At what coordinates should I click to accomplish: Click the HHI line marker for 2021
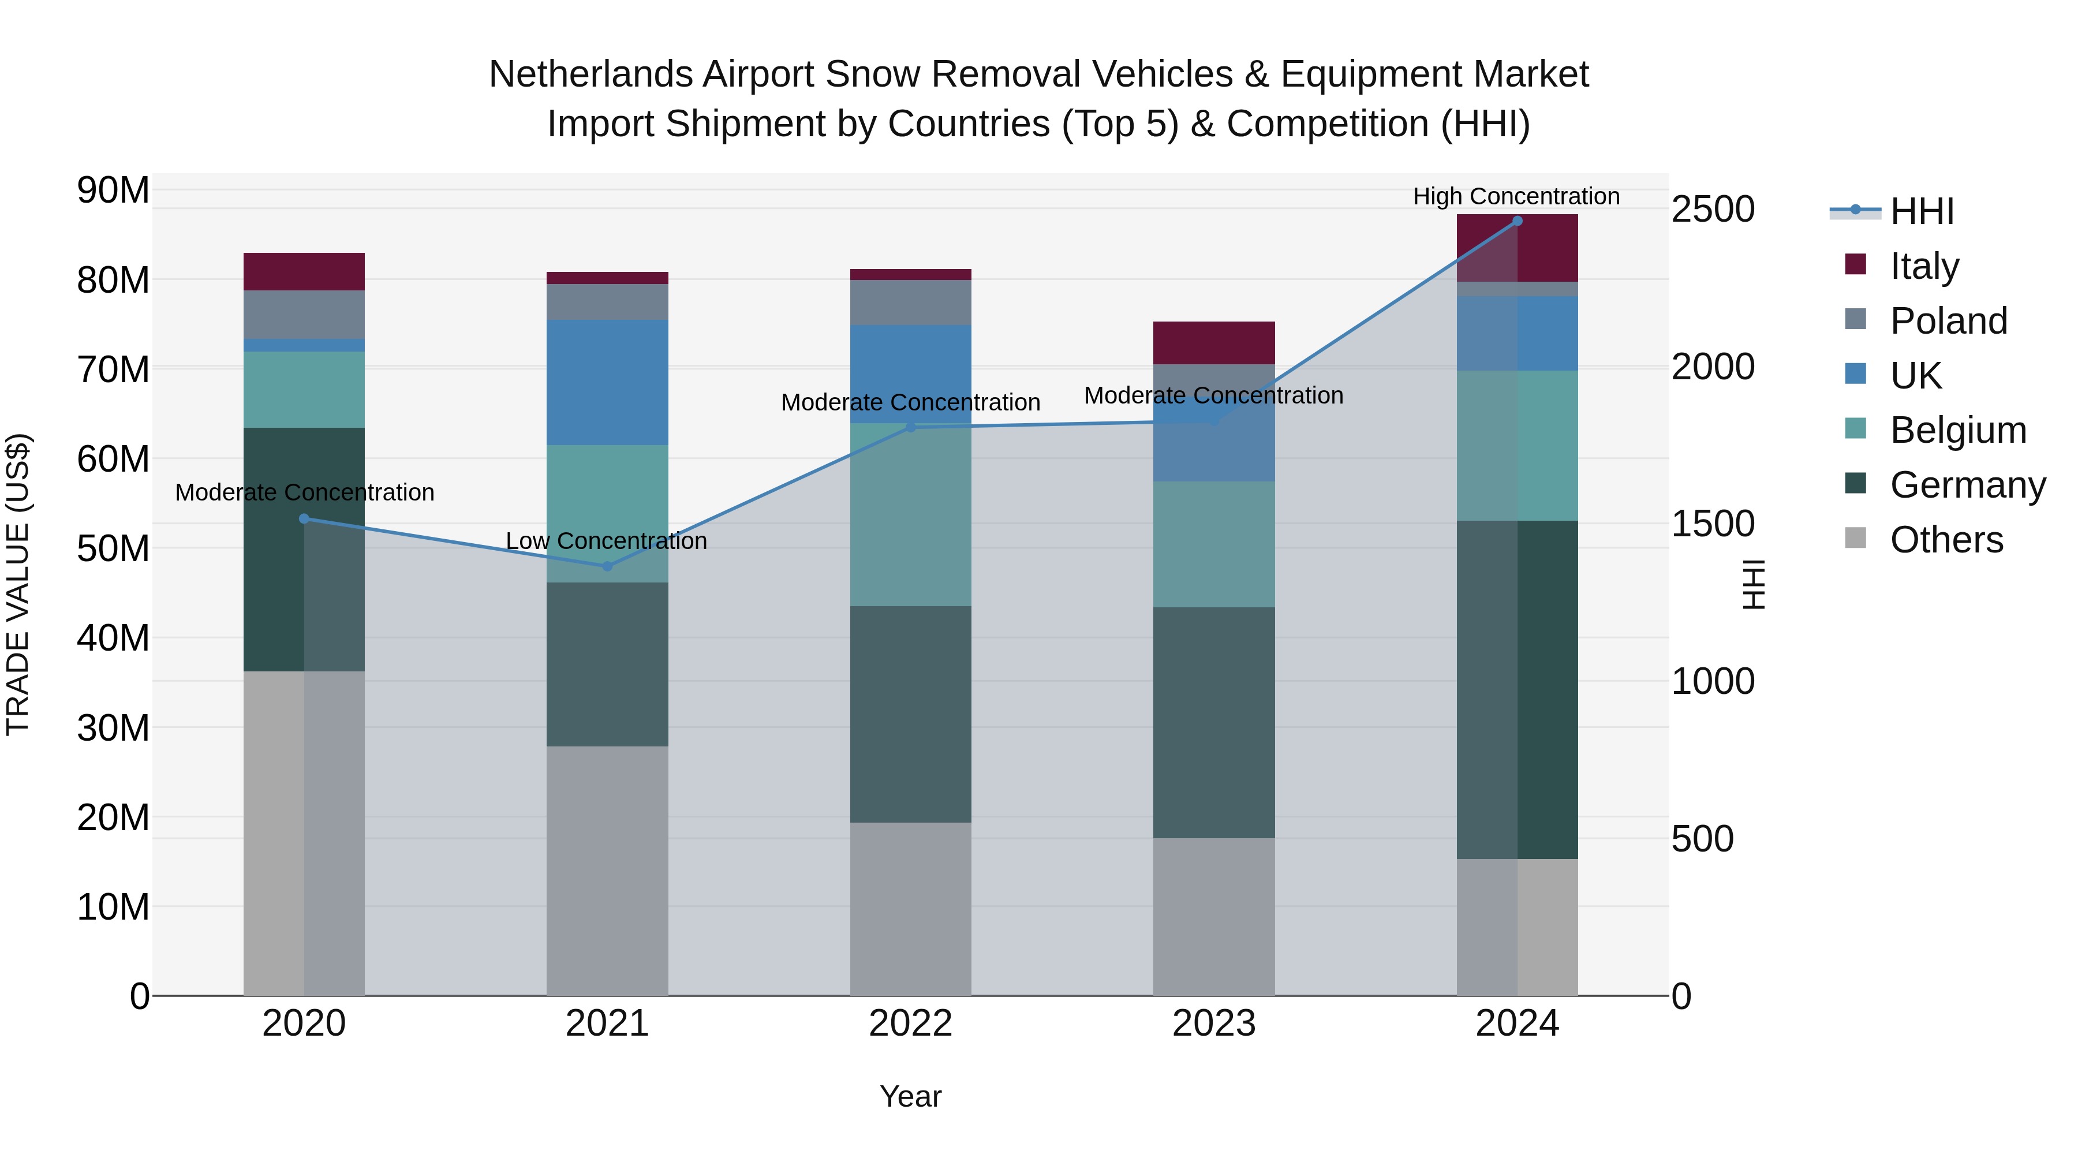(607, 566)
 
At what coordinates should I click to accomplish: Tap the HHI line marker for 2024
(1518, 221)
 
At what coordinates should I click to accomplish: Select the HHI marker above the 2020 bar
(304, 519)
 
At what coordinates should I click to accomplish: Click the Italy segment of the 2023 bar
(1214, 343)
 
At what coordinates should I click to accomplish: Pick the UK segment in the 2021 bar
(607, 382)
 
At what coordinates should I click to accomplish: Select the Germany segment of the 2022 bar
(911, 714)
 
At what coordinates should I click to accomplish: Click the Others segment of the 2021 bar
(607, 871)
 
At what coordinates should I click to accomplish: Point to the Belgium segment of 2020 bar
(304, 390)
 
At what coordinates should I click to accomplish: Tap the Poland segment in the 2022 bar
(911, 302)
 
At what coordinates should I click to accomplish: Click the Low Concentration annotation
(607, 540)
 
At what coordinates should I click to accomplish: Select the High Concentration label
(1516, 196)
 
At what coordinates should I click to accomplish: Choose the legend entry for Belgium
(1958, 430)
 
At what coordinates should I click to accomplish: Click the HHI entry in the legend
(1922, 211)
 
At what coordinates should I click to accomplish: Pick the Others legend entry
(1946, 540)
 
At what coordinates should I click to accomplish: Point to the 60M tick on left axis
(113, 459)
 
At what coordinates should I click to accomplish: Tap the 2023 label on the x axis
(1214, 1024)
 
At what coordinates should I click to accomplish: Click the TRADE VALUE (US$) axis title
(18, 584)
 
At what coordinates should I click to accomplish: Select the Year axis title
(911, 1096)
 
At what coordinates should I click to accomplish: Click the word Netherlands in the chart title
(590, 74)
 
